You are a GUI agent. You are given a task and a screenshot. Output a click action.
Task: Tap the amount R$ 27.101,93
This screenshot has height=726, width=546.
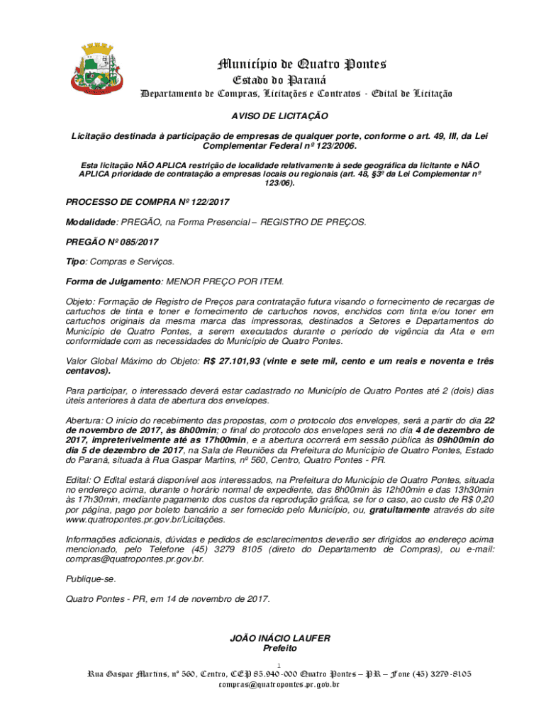pos(230,361)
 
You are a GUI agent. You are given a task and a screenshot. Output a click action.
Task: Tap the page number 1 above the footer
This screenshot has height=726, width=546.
pos(280,664)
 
